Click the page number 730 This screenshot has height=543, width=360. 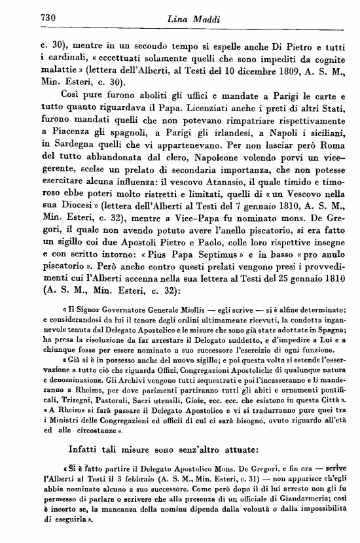click(x=31, y=18)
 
